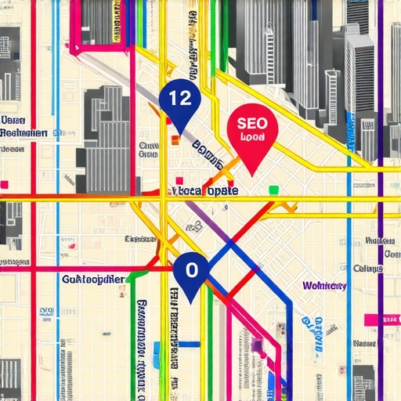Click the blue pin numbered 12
pyautogui.click(x=179, y=98)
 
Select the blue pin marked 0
pyautogui.click(x=190, y=270)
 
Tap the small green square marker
pyautogui.click(x=273, y=190)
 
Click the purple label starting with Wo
pyautogui.click(x=324, y=286)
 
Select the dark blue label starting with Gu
pyautogui.click(x=92, y=279)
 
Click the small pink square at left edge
pyautogui.click(x=4, y=185)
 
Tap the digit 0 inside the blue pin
pyautogui.click(x=190, y=269)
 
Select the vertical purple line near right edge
pyautogui.click(x=381, y=235)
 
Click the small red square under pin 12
pyautogui.click(x=175, y=142)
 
